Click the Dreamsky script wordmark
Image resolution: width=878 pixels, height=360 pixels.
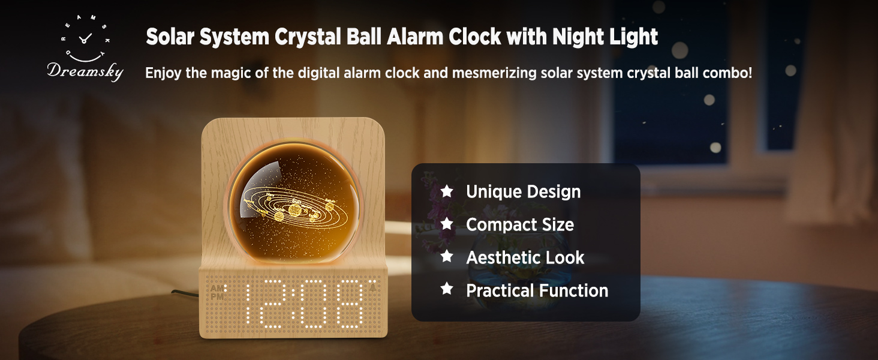[x=85, y=71]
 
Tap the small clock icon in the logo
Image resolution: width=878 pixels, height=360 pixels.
[x=85, y=38]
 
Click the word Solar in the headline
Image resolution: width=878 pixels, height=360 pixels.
[x=170, y=37]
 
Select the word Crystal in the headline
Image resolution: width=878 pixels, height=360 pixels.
[x=308, y=37]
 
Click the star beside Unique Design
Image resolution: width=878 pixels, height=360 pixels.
[x=446, y=191]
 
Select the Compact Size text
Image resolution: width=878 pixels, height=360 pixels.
[x=520, y=225]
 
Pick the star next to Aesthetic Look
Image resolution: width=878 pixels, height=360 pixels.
[x=446, y=256]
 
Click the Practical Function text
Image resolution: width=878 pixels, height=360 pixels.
[x=537, y=290]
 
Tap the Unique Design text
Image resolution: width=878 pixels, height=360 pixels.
[x=524, y=192]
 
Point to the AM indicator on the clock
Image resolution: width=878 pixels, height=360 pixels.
[x=217, y=289]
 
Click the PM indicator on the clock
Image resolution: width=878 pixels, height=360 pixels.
[x=217, y=297]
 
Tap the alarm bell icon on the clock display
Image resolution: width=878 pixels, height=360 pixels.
[x=372, y=288]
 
